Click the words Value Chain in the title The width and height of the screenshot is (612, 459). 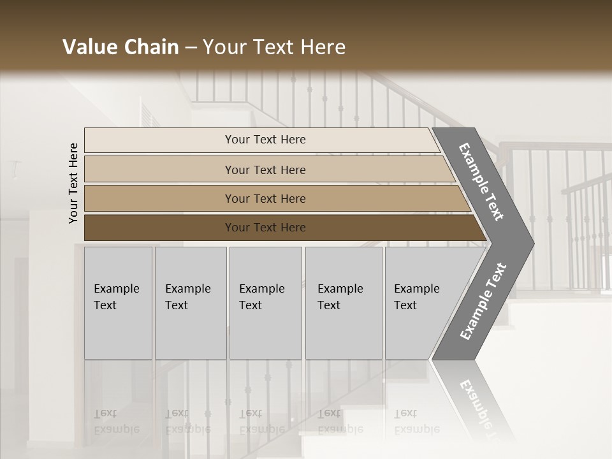pyautogui.click(x=120, y=47)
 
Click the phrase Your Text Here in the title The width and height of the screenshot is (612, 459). pyautogui.click(x=274, y=47)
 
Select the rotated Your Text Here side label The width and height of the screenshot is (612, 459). pyautogui.click(x=73, y=183)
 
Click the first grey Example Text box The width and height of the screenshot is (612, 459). pyautogui.click(x=118, y=303)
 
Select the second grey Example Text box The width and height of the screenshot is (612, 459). pyautogui.click(x=191, y=303)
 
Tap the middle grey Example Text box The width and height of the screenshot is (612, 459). pyautogui.click(x=265, y=303)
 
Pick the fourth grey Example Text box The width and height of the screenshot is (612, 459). pyautogui.click(x=344, y=303)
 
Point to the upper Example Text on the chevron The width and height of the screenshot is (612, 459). pyautogui.click(x=482, y=182)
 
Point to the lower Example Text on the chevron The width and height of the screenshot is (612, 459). pyautogui.click(x=483, y=302)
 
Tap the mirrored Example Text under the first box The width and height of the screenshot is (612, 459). pyautogui.click(x=116, y=421)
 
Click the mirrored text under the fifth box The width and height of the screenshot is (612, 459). pyautogui.click(x=416, y=421)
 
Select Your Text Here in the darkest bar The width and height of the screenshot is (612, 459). pyautogui.click(x=265, y=228)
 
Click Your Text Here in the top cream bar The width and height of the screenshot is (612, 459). pyautogui.click(x=265, y=140)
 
